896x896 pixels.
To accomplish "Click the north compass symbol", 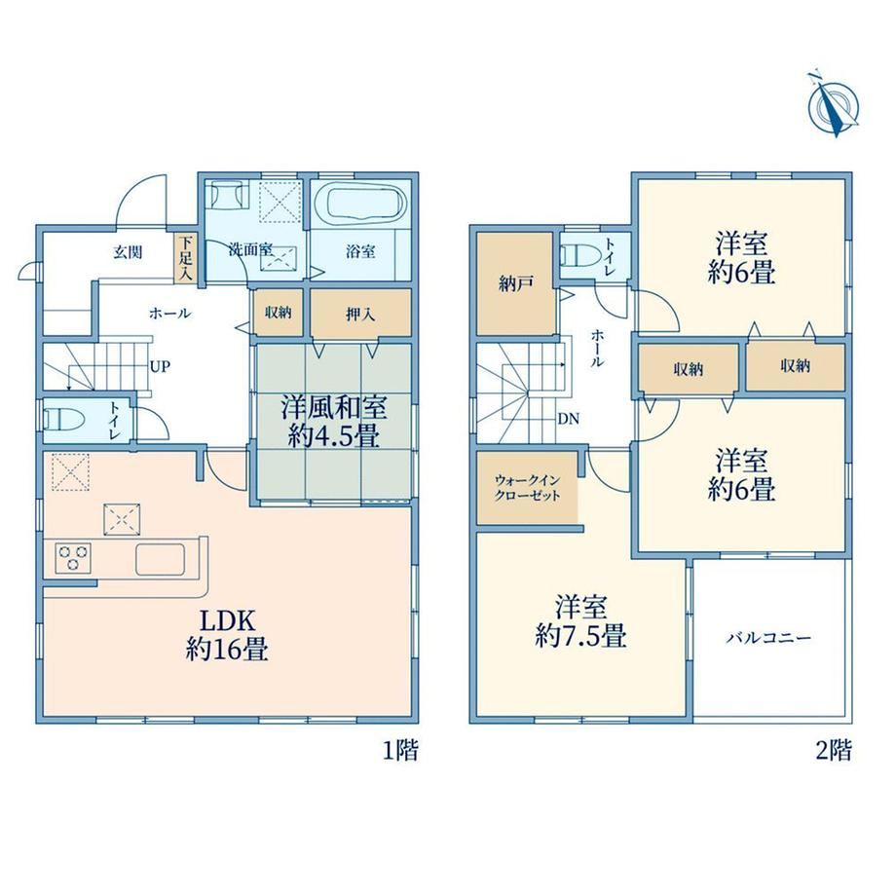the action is [834, 105].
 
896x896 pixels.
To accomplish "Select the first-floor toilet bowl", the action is [63, 421].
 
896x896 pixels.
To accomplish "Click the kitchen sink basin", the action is [161, 559].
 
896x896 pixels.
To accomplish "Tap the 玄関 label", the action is [128, 252].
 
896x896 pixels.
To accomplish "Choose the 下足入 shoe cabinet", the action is [185, 257].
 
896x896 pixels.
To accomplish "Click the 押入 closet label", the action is [360, 314].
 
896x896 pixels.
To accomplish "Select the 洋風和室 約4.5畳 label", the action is [333, 421].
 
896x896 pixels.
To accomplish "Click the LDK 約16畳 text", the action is [226, 634].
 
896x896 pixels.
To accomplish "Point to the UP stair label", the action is [160, 366].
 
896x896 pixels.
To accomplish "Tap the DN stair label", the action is [568, 419].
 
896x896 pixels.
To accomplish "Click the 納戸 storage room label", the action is [515, 283].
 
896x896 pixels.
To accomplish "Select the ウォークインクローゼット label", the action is [528, 487].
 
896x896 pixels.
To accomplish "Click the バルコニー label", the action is [768, 637].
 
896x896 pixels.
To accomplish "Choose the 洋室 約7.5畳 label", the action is [580, 620].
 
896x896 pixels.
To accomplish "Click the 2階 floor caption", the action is [834, 750].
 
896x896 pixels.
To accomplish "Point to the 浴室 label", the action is [360, 251].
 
